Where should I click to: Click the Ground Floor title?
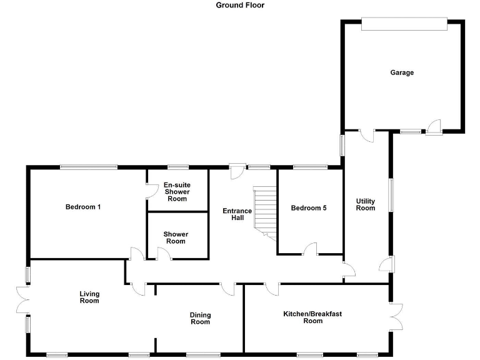(x=240, y=5)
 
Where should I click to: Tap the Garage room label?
(x=402, y=72)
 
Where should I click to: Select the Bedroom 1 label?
(x=83, y=207)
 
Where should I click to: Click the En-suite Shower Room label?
(x=177, y=192)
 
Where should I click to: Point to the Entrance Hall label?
(x=237, y=215)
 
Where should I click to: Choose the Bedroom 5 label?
(x=309, y=208)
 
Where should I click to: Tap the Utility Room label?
(x=366, y=204)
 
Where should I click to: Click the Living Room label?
(x=89, y=297)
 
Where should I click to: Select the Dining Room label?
(x=200, y=318)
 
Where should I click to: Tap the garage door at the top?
(x=404, y=24)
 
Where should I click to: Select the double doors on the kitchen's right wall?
(x=395, y=317)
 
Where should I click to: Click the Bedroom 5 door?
(x=310, y=250)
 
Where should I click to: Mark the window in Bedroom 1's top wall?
(x=88, y=167)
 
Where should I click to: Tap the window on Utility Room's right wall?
(x=391, y=196)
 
